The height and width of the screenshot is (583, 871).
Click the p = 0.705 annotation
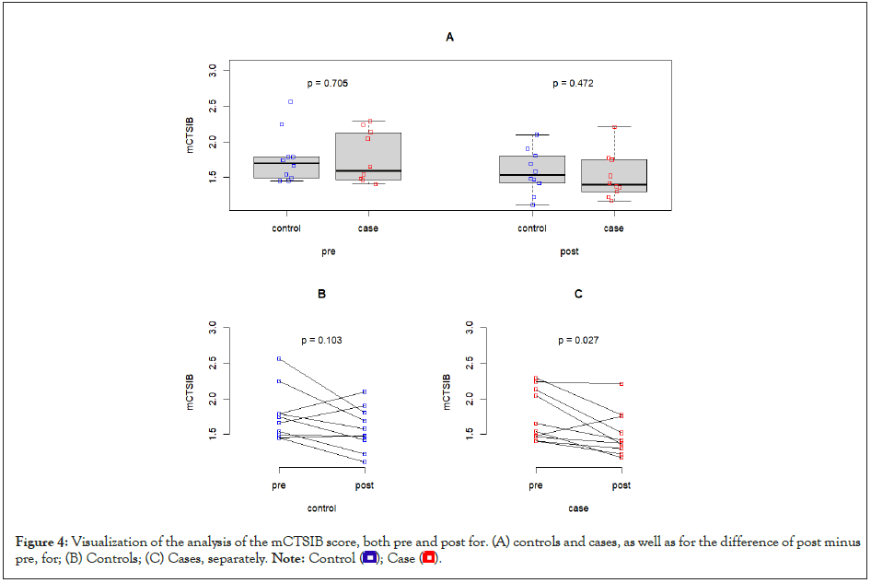(x=328, y=83)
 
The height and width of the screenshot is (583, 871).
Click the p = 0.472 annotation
(x=573, y=83)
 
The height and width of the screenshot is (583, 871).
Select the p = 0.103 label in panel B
(x=321, y=341)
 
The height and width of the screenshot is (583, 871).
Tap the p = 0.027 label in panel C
(x=578, y=341)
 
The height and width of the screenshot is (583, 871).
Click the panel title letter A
(x=449, y=38)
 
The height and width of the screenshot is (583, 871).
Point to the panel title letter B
(x=321, y=294)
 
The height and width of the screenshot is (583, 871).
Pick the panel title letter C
(x=578, y=294)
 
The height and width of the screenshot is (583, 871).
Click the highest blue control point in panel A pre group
(x=291, y=101)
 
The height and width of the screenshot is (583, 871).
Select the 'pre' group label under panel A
(x=328, y=251)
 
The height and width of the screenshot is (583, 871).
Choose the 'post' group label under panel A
(x=570, y=251)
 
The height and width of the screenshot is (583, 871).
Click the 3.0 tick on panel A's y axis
(x=214, y=69)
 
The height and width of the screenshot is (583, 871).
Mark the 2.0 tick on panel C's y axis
(x=470, y=398)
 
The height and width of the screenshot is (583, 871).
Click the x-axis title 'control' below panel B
(x=321, y=508)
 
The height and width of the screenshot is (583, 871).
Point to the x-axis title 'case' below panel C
(x=578, y=508)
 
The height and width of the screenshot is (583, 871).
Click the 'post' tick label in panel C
(x=621, y=485)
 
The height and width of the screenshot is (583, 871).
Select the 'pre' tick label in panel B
(x=279, y=485)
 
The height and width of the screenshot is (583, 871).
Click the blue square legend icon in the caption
(x=369, y=558)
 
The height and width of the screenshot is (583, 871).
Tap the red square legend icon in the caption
(x=429, y=558)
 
